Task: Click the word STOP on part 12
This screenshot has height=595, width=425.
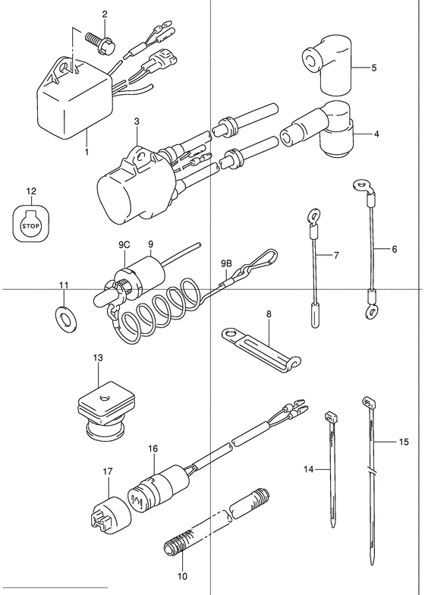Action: (31, 226)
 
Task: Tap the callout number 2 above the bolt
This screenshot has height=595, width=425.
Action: (105, 14)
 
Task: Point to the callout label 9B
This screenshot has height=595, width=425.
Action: (226, 263)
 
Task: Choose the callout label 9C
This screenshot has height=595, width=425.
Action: (124, 245)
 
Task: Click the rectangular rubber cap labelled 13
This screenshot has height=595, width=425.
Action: (103, 411)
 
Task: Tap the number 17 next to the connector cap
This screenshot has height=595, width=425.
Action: (108, 472)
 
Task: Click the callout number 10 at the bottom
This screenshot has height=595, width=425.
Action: (182, 577)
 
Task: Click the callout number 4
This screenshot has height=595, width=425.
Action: (376, 134)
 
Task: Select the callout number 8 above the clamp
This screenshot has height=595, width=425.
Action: (269, 314)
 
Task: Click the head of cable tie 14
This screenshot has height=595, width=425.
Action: (331, 417)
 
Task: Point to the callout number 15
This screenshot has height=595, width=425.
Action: (404, 442)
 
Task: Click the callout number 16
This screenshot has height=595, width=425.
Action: (153, 449)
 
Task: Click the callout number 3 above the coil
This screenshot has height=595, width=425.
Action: (137, 121)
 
